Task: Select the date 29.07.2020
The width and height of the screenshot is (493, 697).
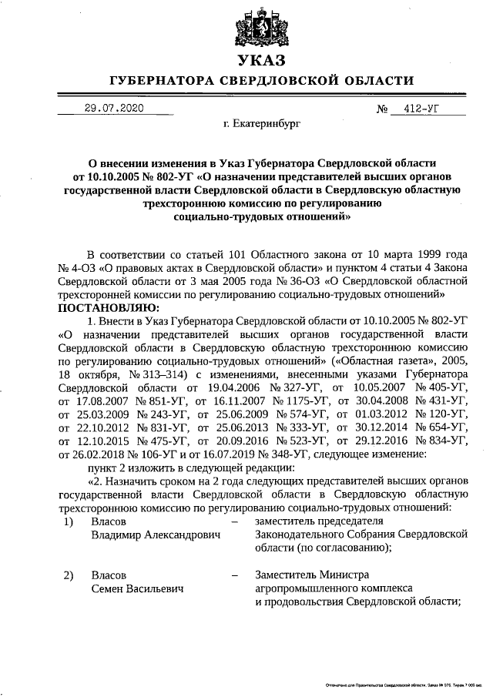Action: click(114, 109)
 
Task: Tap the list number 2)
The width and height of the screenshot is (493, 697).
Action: click(68, 576)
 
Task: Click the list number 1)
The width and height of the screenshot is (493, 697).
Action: click(68, 521)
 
